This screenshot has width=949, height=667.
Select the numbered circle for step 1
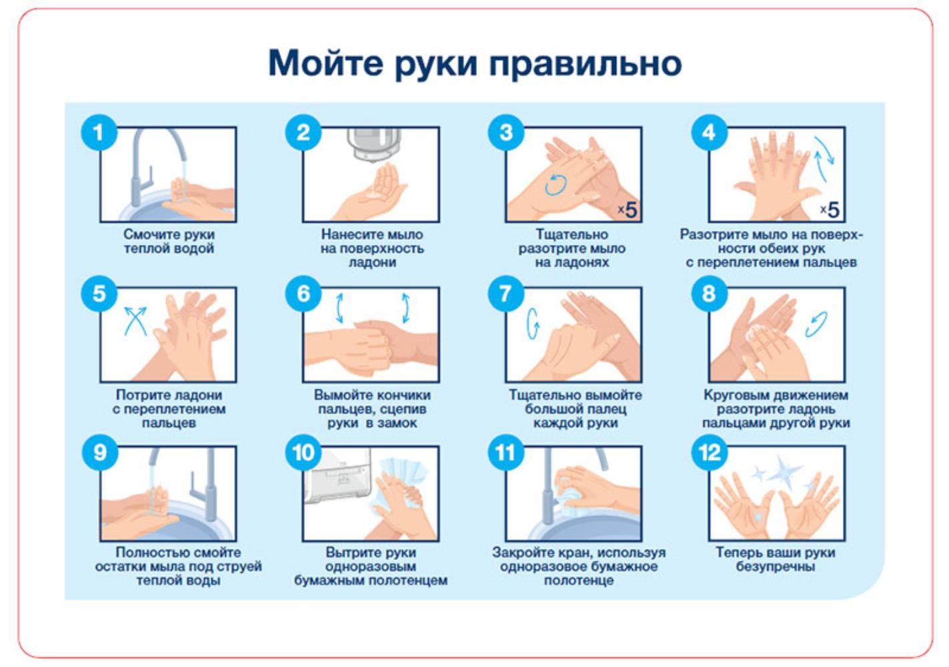click(x=99, y=132)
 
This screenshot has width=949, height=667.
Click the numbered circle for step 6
click(x=303, y=293)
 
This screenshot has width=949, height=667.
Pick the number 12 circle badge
click(x=710, y=453)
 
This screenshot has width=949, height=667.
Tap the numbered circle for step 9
click(x=100, y=453)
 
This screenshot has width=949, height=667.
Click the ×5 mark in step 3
click(x=627, y=210)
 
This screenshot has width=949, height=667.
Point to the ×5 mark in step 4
click(x=830, y=210)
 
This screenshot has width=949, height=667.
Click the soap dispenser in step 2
click(x=373, y=144)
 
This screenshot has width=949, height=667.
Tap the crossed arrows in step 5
click(x=135, y=321)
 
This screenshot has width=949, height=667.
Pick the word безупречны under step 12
click(x=776, y=567)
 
